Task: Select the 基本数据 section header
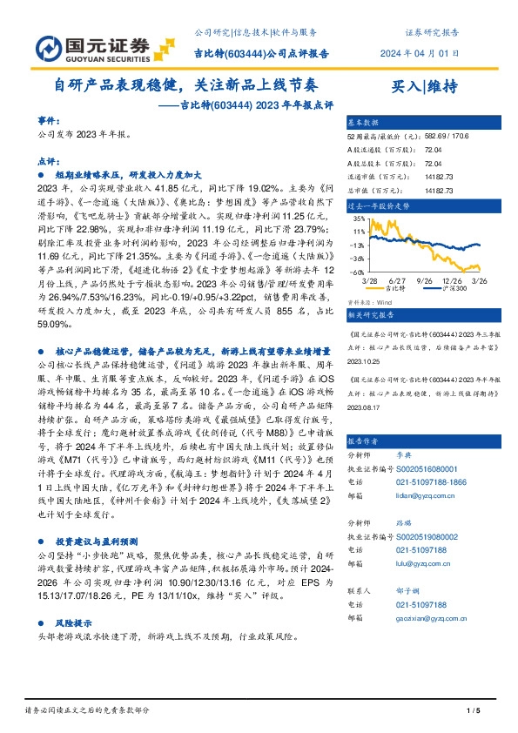click(364, 122)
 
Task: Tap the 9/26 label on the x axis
click(425, 281)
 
